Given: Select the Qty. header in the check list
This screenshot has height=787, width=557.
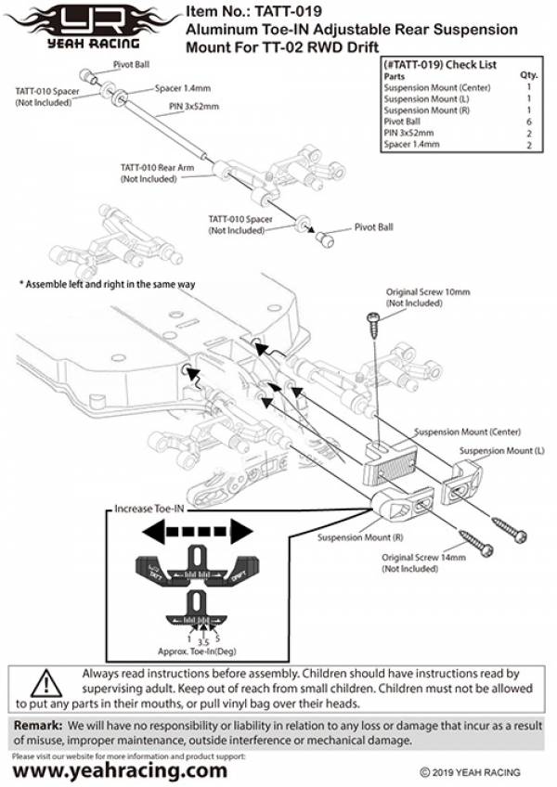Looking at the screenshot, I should point(528,75).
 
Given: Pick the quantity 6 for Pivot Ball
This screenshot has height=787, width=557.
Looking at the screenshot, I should point(528,122).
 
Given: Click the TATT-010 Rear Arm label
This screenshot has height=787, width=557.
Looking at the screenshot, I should point(157,173).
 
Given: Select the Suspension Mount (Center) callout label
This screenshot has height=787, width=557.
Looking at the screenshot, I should point(467,432).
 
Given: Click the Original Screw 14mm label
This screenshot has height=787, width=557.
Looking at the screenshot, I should point(425,562).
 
